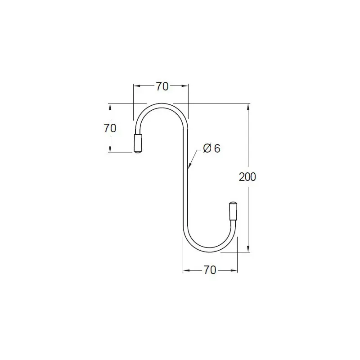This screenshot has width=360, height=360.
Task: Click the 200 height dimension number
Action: [x=247, y=177]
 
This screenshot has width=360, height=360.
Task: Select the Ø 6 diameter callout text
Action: [x=211, y=148]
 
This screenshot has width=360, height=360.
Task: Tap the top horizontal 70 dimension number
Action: [x=162, y=86]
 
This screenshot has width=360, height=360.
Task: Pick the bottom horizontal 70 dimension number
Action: [x=210, y=270]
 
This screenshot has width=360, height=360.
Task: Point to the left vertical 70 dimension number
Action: [x=110, y=128]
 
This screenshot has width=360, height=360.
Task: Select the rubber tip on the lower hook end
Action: [x=233, y=211]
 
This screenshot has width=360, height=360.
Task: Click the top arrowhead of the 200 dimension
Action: [x=248, y=107]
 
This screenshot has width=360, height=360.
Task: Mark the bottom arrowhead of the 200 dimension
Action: [x=248, y=248]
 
